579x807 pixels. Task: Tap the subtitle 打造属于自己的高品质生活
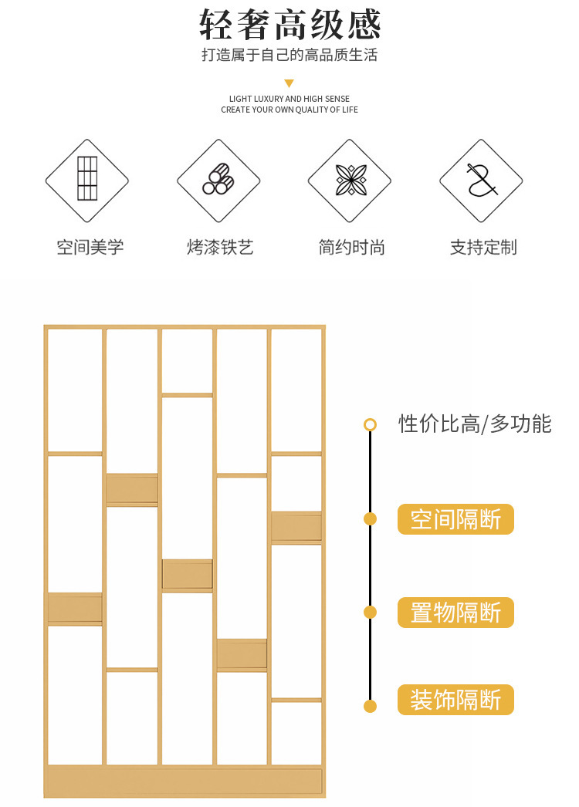point(289,56)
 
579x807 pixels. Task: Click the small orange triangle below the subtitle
point(289,83)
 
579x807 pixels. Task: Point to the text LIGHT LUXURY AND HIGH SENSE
point(289,99)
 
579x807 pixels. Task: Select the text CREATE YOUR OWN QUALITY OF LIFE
point(289,110)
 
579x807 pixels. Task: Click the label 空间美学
point(90,248)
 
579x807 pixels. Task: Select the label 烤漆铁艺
point(220,248)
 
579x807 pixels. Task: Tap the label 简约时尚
point(351,248)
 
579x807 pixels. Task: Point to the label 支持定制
point(483,248)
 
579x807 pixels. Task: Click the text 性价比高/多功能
point(475,424)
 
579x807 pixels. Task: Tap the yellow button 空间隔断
point(455,519)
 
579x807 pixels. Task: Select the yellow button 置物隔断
point(455,613)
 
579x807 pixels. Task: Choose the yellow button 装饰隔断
point(455,700)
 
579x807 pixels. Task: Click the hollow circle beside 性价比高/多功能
point(370,424)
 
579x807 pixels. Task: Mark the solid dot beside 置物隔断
point(370,613)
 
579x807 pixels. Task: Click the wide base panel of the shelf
point(185,780)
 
